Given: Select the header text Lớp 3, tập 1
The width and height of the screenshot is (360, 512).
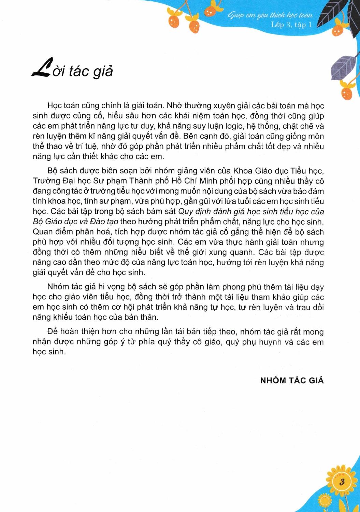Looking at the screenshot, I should coord(291,25).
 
